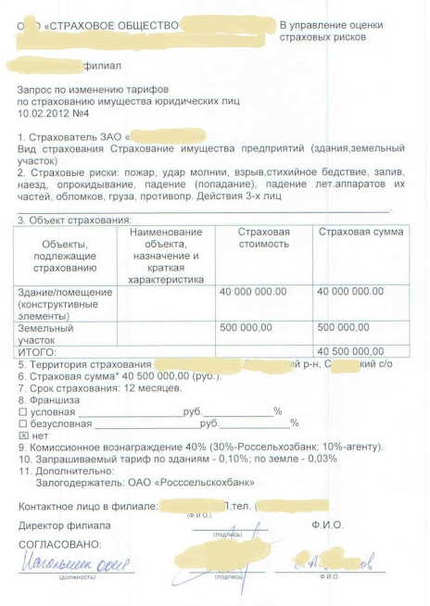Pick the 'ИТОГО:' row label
click(38, 352)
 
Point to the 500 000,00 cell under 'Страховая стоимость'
click(246, 327)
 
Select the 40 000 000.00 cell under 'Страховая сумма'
click(350, 292)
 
